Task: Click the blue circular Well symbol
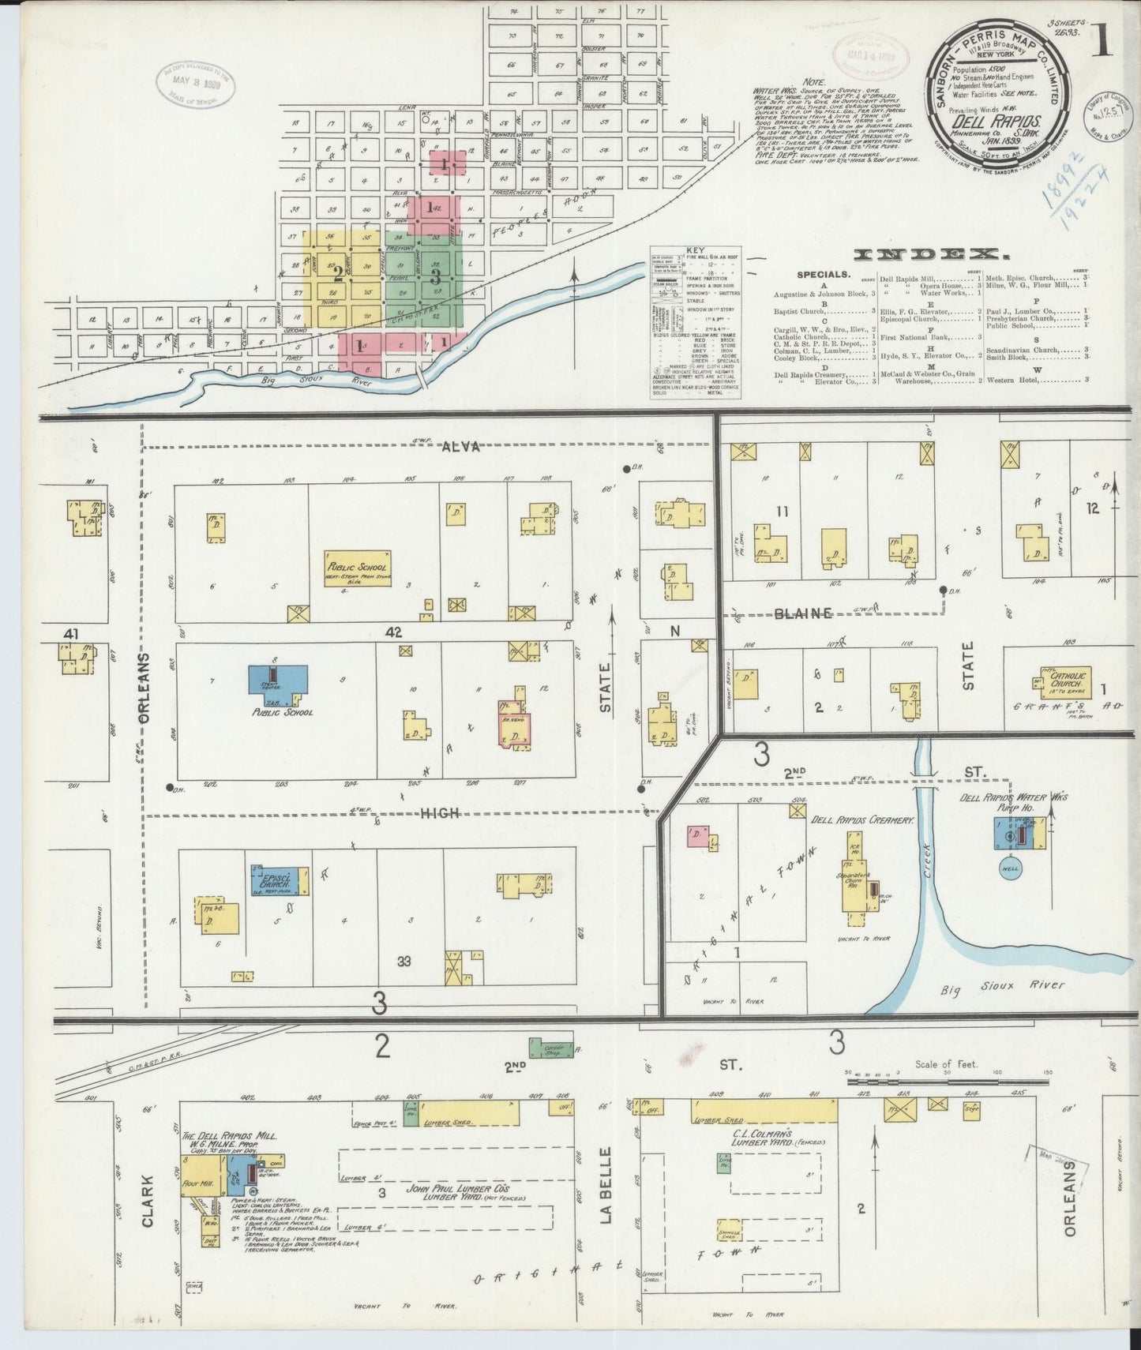[x=1011, y=867]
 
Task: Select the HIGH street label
[x=439, y=812]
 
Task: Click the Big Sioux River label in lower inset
[x=1003, y=985]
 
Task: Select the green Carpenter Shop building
[x=551, y=1048]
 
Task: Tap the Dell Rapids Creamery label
[x=862, y=820]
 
